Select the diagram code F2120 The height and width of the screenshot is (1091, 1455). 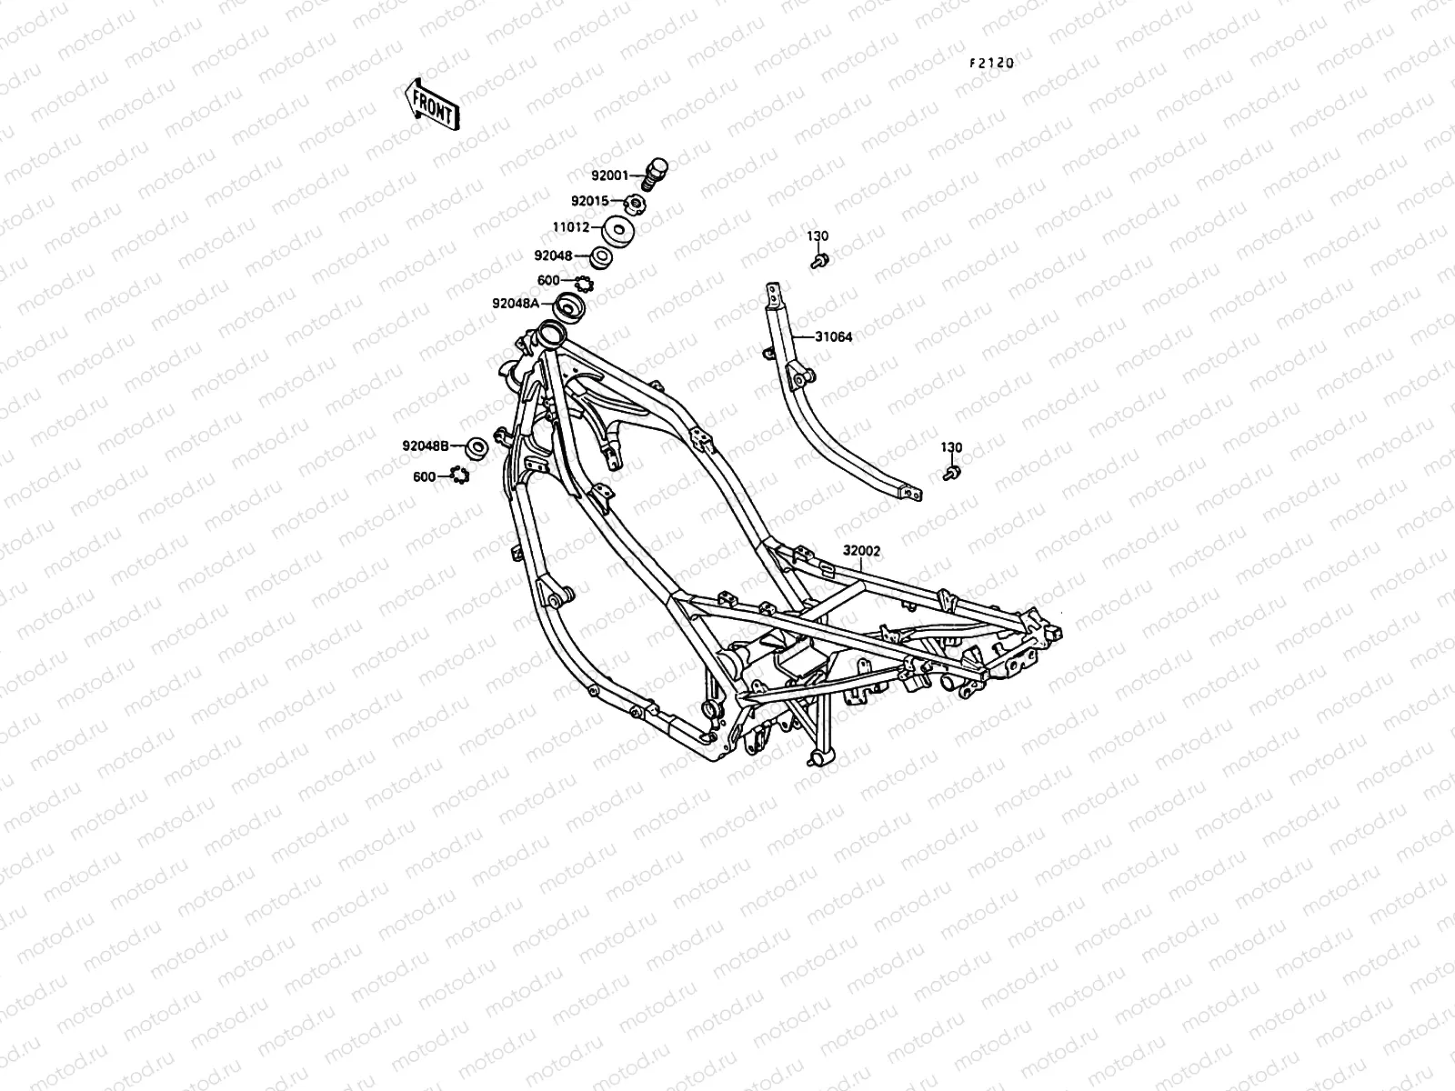(x=990, y=64)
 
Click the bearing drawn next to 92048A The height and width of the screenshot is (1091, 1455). (x=570, y=307)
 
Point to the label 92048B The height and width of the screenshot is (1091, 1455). (x=426, y=445)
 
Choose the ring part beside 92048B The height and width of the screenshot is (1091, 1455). (x=475, y=448)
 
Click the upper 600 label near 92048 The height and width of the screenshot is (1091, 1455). (x=548, y=280)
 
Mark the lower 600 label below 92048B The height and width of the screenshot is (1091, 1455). (x=424, y=476)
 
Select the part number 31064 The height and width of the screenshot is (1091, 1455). (x=833, y=336)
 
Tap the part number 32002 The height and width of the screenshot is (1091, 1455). (x=861, y=550)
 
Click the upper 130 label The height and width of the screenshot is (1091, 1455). (x=818, y=236)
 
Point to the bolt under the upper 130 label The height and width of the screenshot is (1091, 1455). (x=818, y=261)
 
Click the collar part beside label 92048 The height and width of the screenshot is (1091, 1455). (x=600, y=257)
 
